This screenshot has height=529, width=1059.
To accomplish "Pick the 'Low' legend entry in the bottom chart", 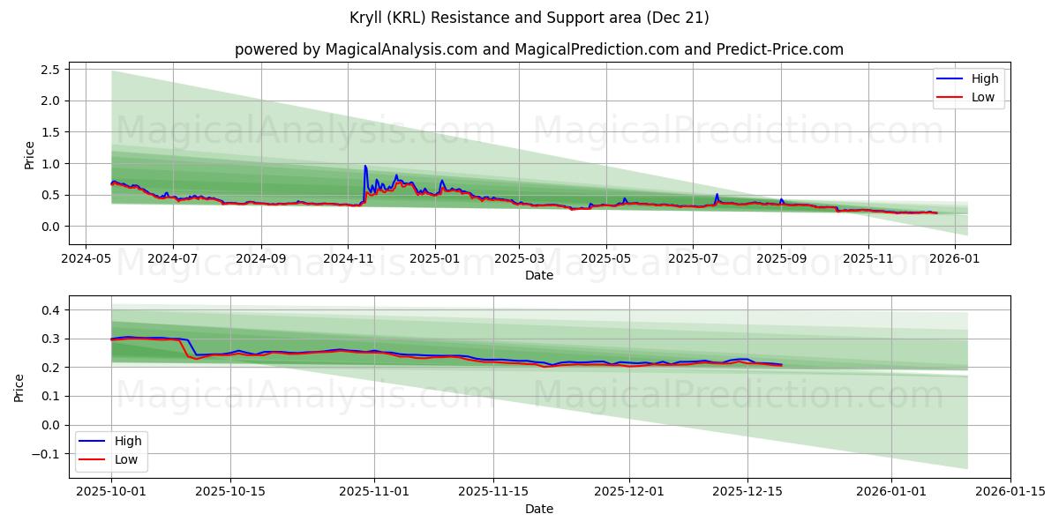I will (x=124, y=458).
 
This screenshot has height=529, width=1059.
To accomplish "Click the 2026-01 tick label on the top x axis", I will (x=956, y=260).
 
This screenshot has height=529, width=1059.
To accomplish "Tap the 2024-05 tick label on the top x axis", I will (x=85, y=260).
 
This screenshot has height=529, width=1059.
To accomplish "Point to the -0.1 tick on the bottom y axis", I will (x=46, y=454).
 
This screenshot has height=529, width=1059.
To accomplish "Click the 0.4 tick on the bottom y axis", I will (x=50, y=310).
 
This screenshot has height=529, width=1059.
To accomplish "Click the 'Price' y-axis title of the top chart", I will (x=29, y=155).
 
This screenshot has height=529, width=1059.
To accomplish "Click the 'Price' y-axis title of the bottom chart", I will (x=19, y=386).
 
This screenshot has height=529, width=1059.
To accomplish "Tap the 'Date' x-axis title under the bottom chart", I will (x=538, y=509).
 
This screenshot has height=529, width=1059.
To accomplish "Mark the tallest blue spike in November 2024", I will (x=364, y=166).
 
